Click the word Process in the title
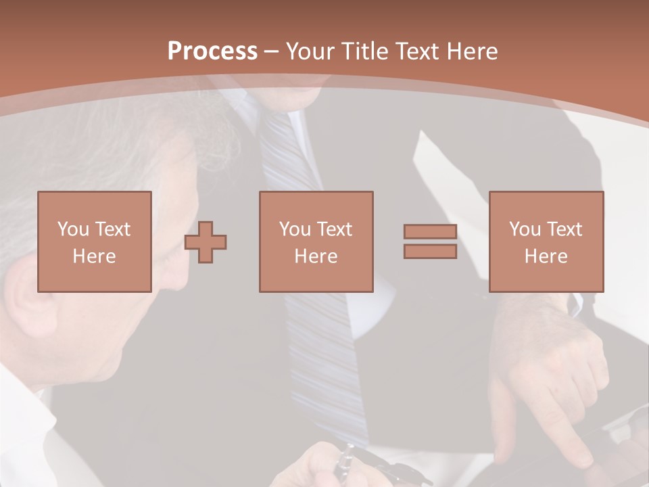tap(212, 51)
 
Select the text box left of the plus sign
tap(95, 241)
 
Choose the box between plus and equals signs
tap(316, 241)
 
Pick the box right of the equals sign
tap(546, 241)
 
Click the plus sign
tap(206, 241)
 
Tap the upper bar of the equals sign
tap(430, 231)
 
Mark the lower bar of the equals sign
tap(430, 252)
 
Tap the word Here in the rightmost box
tap(546, 256)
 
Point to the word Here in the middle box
tap(316, 256)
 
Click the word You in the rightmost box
tap(525, 229)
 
